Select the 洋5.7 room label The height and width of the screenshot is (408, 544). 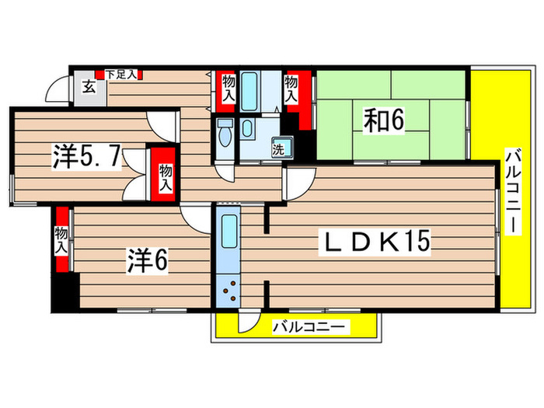(x=86, y=157)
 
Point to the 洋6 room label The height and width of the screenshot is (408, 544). (x=148, y=262)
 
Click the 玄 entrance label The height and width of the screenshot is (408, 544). (x=89, y=87)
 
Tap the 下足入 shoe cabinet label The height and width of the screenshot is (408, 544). (x=121, y=75)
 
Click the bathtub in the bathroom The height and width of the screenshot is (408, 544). (x=250, y=92)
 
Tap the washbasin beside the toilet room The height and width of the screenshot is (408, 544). (x=247, y=128)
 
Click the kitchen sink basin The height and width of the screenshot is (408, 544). (x=228, y=231)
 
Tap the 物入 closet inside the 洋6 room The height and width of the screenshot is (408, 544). (x=61, y=239)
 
